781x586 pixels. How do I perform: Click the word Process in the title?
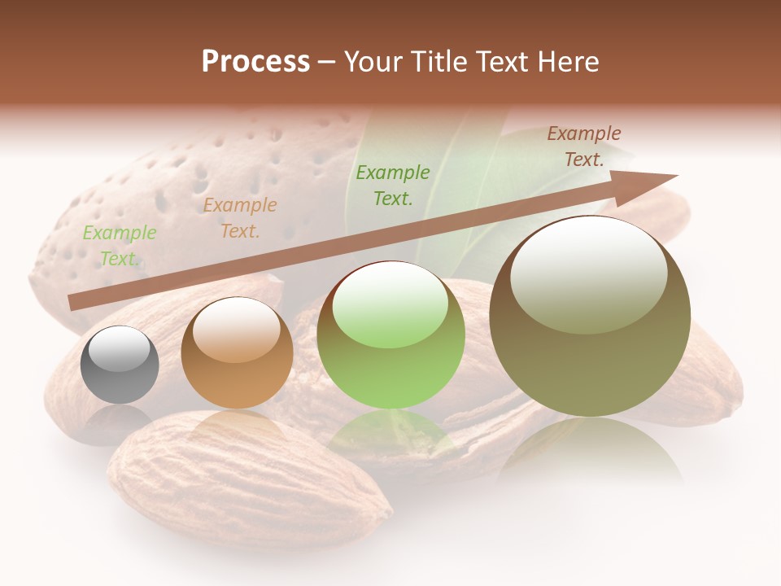(255, 62)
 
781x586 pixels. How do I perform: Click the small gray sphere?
(120, 365)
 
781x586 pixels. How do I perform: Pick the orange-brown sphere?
(237, 353)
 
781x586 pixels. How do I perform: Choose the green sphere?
(390, 335)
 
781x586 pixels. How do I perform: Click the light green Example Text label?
(120, 246)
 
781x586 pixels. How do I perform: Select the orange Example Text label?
(240, 218)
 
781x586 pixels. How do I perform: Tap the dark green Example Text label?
(393, 185)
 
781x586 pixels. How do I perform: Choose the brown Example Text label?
(584, 146)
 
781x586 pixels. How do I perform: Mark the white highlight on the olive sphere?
(588, 273)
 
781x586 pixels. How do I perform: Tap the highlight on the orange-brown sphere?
(236, 330)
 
